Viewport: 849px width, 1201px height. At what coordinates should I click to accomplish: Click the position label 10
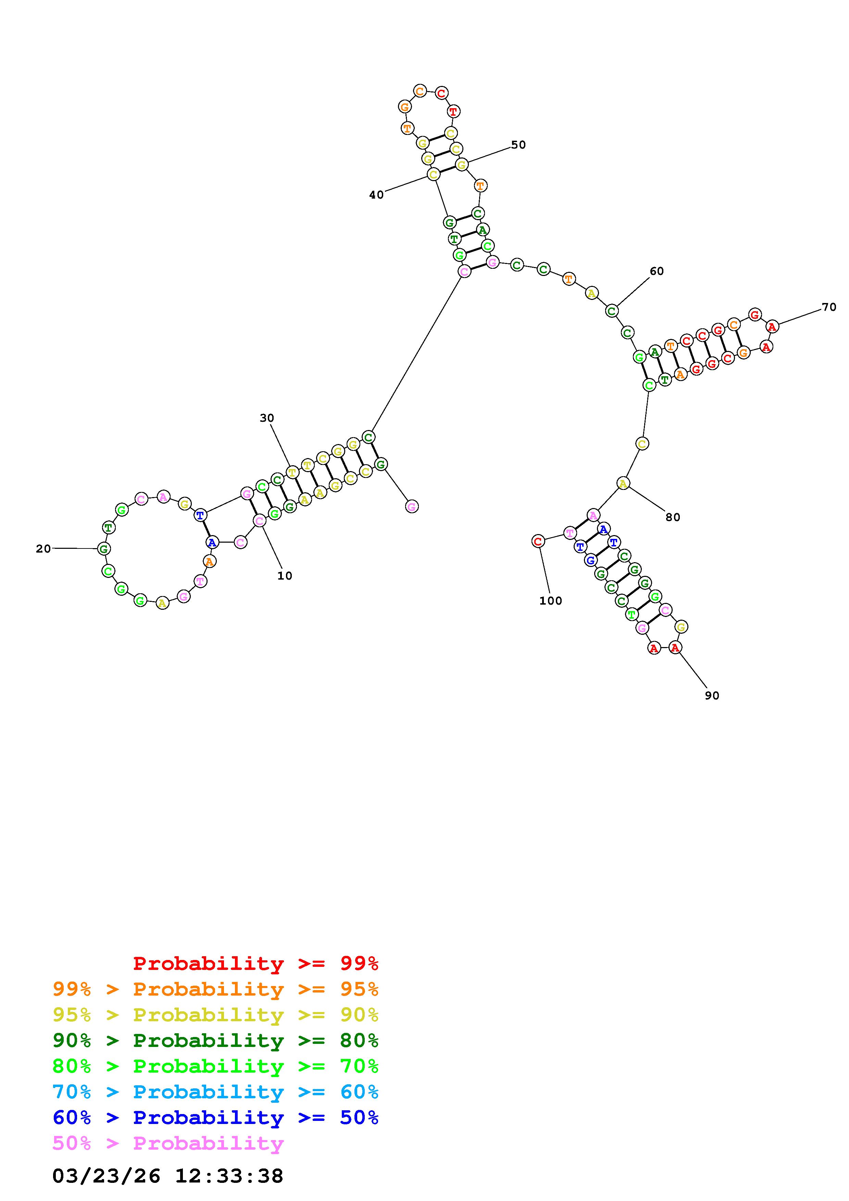tap(285, 576)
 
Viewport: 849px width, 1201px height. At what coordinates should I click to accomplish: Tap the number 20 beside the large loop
tap(43, 549)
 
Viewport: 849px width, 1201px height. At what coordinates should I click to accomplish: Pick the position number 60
tap(657, 271)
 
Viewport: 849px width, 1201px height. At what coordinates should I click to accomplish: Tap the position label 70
tap(829, 307)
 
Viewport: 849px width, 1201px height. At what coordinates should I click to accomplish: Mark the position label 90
tap(712, 696)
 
